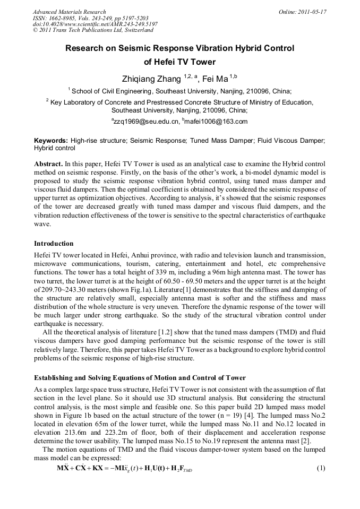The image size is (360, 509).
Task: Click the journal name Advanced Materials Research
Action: tap(69, 12)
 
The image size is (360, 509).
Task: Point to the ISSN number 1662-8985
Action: tap(66, 18)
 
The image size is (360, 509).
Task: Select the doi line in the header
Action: tap(95, 24)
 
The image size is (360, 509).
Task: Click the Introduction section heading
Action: tap(54, 244)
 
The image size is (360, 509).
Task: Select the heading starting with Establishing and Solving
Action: tap(140, 378)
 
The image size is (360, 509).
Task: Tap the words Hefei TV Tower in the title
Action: tap(180, 62)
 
